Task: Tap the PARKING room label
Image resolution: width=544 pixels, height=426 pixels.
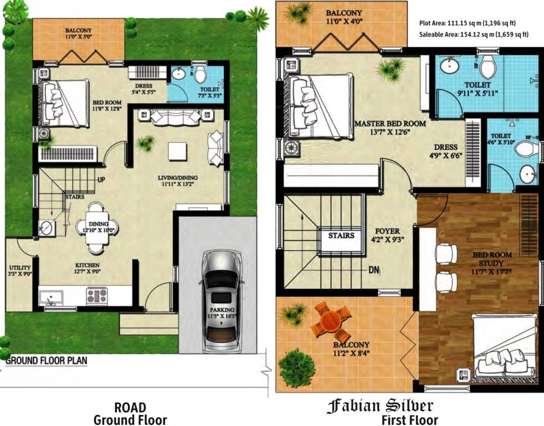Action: click(x=221, y=310)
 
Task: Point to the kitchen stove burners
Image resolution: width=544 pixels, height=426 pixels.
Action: click(x=96, y=296)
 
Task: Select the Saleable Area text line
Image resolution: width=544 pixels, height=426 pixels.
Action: click(x=474, y=34)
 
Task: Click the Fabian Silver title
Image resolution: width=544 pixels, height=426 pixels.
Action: click(x=380, y=406)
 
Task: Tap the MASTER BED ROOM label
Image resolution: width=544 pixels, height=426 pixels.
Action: click(x=390, y=124)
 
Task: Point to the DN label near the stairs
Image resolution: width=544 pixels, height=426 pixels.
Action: click(x=374, y=271)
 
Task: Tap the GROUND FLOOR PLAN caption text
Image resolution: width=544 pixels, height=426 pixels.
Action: click(x=47, y=360)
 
